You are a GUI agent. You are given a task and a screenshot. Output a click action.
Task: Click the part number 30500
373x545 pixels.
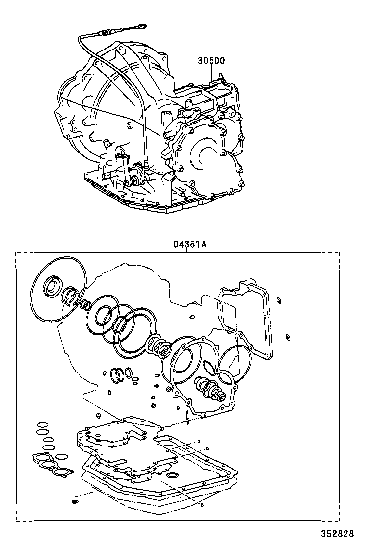(211, 61)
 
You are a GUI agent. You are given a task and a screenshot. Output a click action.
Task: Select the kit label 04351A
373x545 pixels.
(188, 244)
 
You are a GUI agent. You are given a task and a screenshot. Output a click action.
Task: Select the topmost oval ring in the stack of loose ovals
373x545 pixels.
(43, 424)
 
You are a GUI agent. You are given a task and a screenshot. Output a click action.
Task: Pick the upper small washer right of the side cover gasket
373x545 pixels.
(279, 300)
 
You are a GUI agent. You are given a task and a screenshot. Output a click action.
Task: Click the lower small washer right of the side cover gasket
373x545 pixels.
(288, 337)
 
